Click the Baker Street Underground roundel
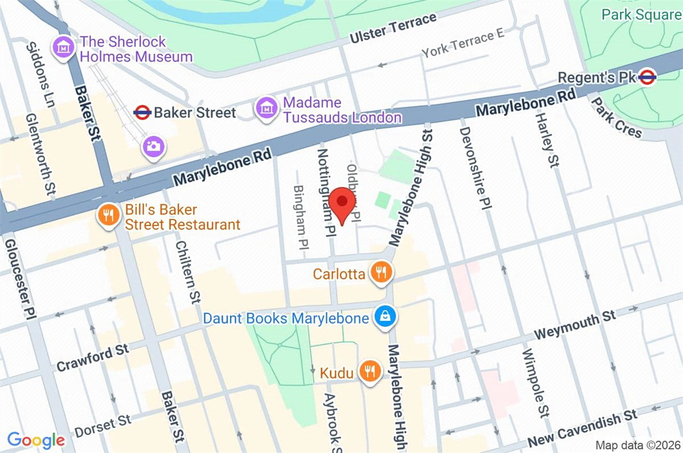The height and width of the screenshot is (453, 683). (x=142, y=113)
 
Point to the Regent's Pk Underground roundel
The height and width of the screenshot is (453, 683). (x=647, y=77)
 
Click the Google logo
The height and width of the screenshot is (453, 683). (x=36, y=439)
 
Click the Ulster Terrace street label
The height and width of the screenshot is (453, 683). (x=393, y=28)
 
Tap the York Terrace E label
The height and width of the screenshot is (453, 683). (x=463, y=44)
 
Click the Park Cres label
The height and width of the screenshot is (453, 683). (x=616, y=118)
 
